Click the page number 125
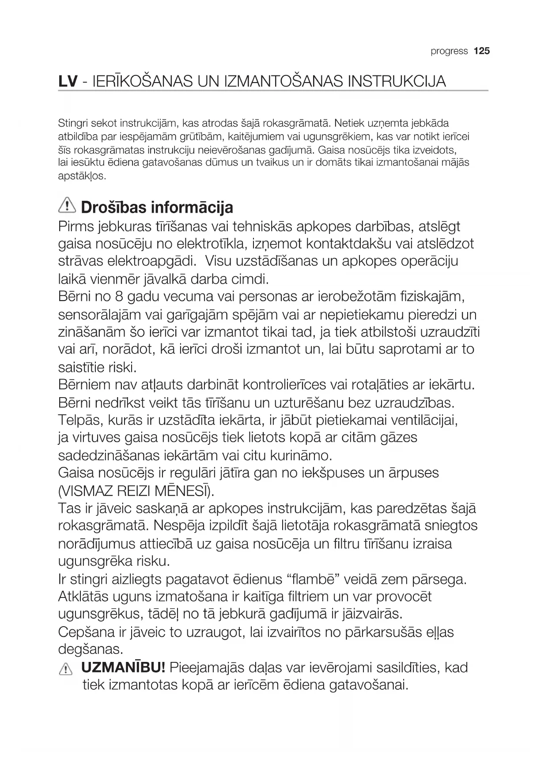coord(482,51)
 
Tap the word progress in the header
coord(449,52)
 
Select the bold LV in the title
coord(68,82)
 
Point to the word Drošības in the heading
coord(113,207)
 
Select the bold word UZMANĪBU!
coord(123,667)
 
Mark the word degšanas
coord(91,650)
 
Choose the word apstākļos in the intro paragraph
coord(82,176)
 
